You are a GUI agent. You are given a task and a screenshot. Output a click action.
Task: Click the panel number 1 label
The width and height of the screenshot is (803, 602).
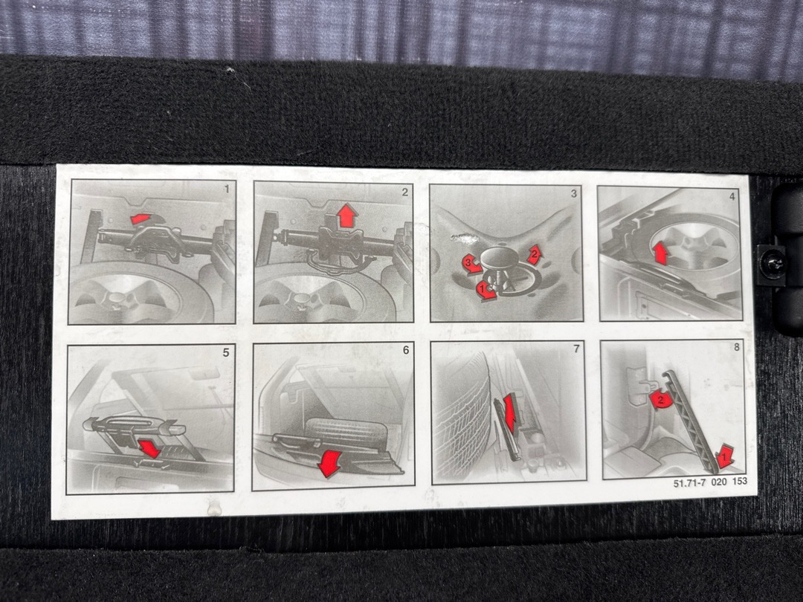(227, 190)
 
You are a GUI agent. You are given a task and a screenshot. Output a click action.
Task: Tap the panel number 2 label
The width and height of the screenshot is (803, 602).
(405, 192)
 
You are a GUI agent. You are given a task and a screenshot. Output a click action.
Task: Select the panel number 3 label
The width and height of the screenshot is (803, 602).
(574, 193)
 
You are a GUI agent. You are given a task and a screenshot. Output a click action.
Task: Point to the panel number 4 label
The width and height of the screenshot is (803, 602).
(732, 195)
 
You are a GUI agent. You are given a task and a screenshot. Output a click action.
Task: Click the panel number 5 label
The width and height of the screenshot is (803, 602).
(226, 353)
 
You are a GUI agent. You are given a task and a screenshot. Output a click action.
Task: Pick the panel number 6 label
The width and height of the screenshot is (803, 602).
(406, 350)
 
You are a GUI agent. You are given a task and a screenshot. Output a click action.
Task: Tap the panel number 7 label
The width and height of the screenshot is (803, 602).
(577, 349)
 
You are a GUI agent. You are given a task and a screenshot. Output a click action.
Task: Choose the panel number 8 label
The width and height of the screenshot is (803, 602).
(736, 347)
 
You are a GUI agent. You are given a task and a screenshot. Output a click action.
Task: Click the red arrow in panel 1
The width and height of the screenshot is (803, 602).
(141, 219)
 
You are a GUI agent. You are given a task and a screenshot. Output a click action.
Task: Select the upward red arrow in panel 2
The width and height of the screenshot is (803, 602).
(346, 215)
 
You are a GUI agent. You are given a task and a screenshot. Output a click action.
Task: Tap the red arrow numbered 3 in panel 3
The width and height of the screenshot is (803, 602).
(471, 264)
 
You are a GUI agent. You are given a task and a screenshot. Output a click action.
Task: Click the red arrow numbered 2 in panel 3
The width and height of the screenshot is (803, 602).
(534, 254)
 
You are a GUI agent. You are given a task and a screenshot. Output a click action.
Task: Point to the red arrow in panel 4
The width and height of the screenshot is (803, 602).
(661, 253)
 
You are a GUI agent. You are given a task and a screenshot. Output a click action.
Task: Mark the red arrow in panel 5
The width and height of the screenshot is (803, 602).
(149, 448)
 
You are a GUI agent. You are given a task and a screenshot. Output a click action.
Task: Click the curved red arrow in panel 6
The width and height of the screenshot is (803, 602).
(329, 463)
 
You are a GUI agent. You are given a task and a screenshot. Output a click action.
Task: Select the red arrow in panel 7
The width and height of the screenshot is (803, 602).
(509, 412)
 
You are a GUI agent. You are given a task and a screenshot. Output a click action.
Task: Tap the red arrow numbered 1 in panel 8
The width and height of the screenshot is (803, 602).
(725, 456)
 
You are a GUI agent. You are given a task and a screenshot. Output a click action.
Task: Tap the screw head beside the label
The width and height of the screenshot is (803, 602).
(773, 263)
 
